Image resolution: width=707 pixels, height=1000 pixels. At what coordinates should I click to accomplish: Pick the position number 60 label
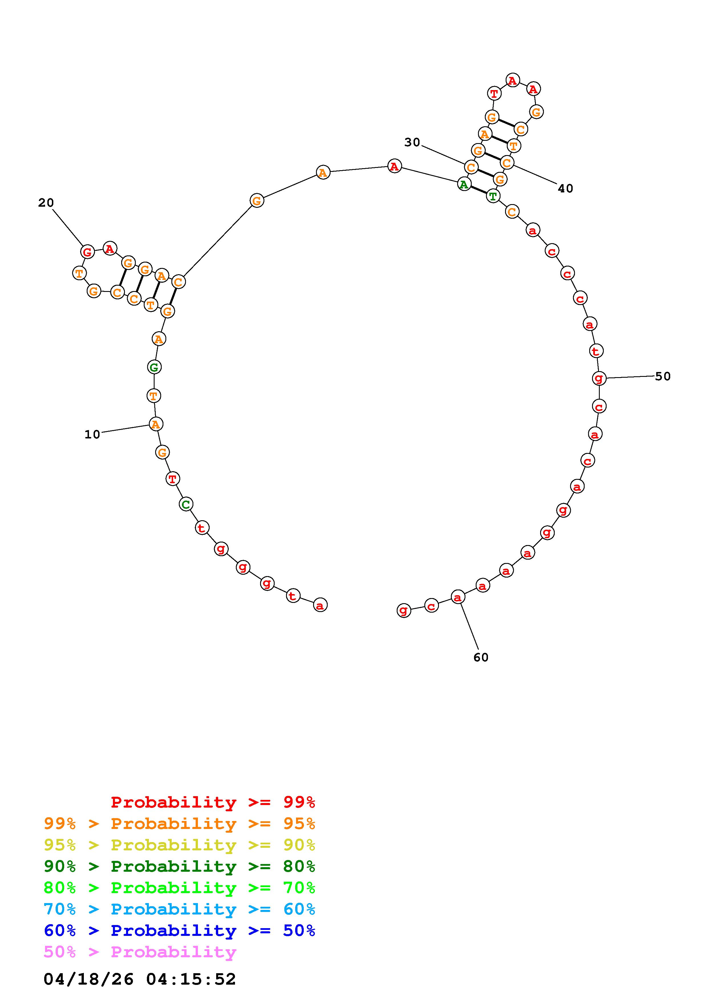(481, 657)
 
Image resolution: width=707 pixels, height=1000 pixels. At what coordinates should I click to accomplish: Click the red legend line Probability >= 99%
(213, 802)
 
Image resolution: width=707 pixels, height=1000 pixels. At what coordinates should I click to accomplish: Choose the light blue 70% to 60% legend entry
(179, 909)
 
